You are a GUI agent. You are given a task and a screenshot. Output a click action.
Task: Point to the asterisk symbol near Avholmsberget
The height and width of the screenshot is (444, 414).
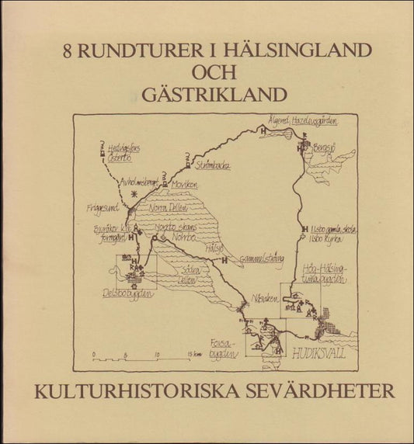[134, 190]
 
